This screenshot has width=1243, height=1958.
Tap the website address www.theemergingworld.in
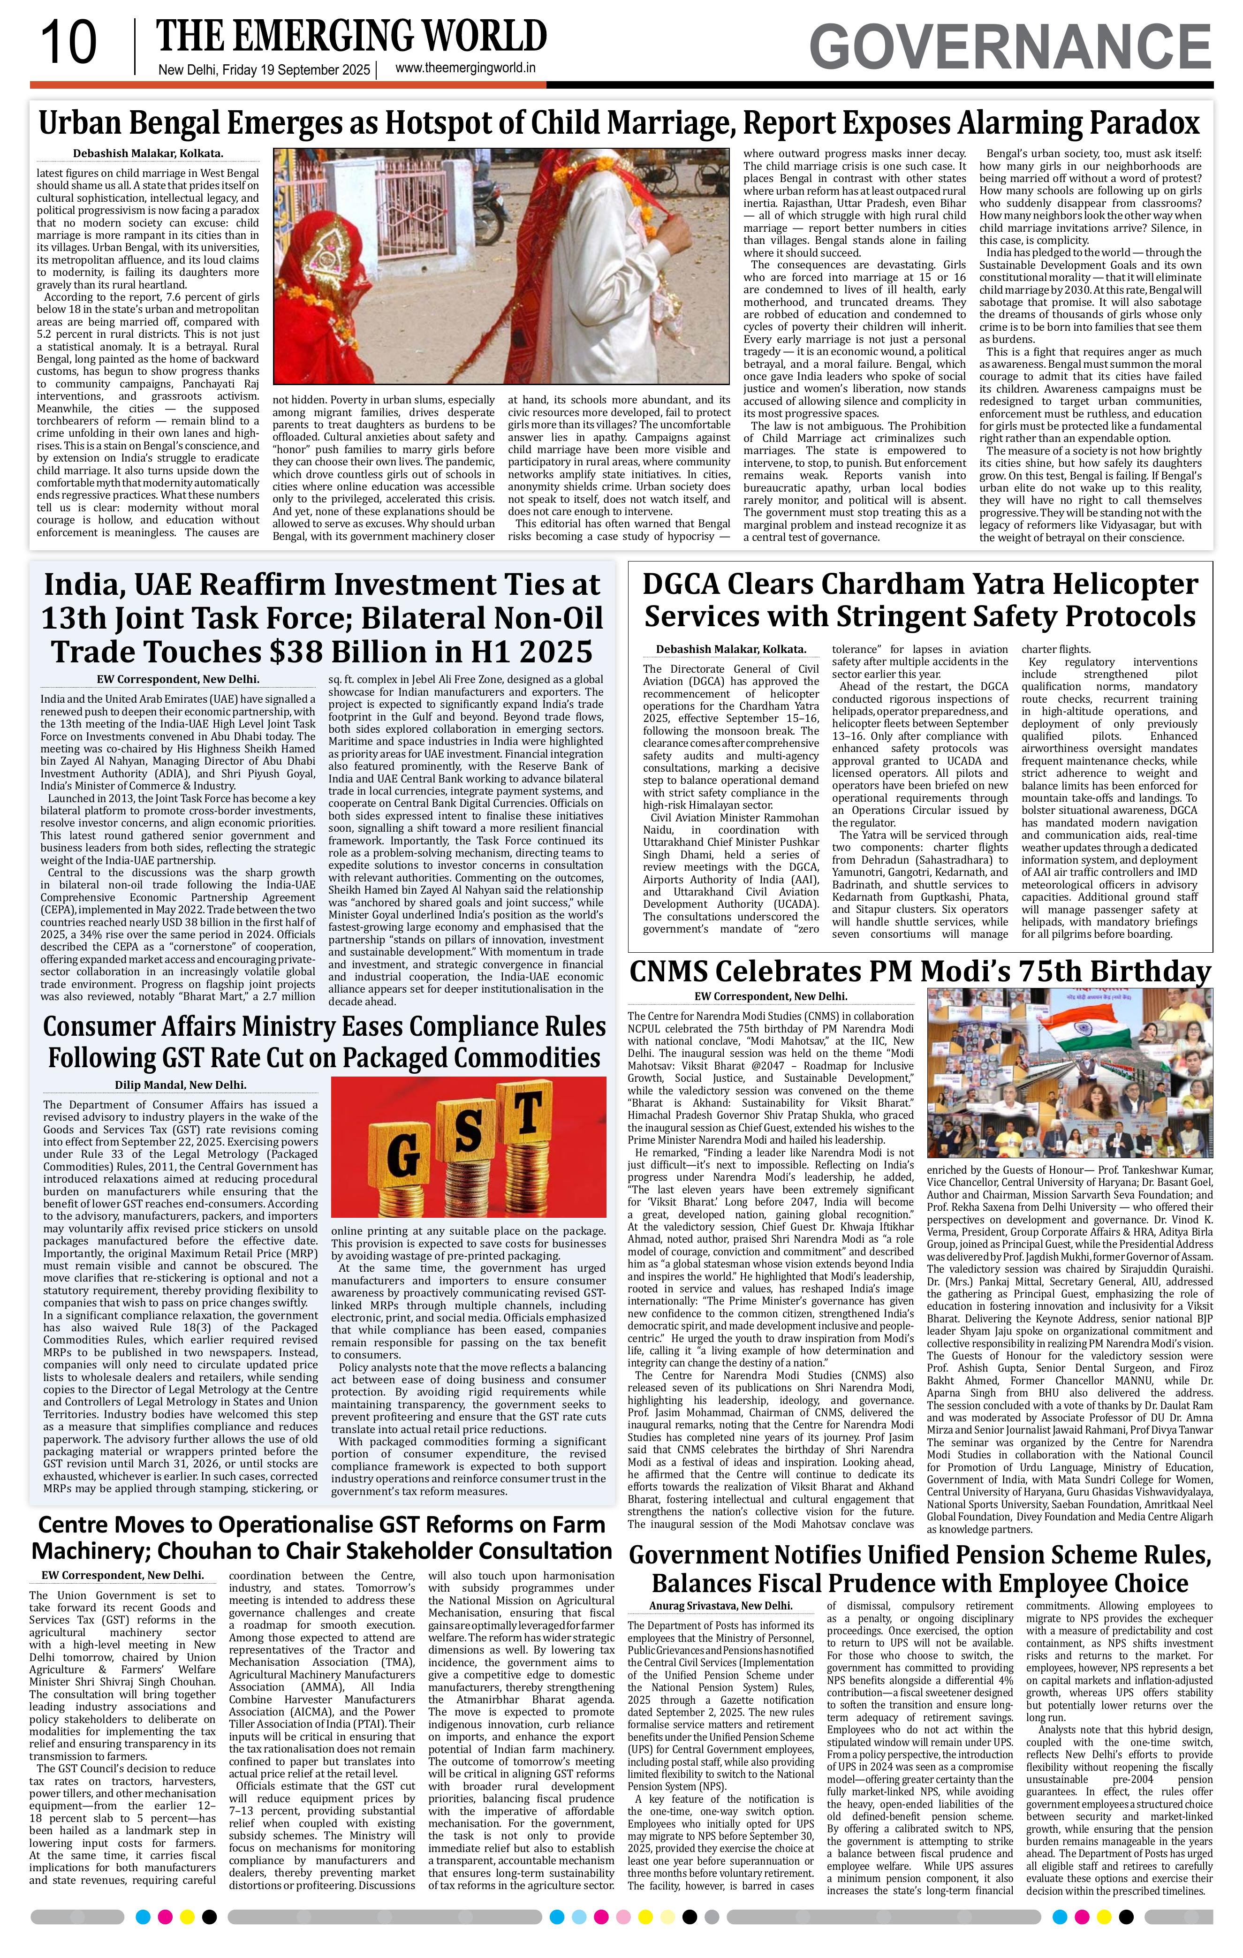[x=465, y=69]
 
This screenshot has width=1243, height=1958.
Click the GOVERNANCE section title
[x=1010, y=47]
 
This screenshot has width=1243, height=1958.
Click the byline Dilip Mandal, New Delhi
[x=181, y=1085]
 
